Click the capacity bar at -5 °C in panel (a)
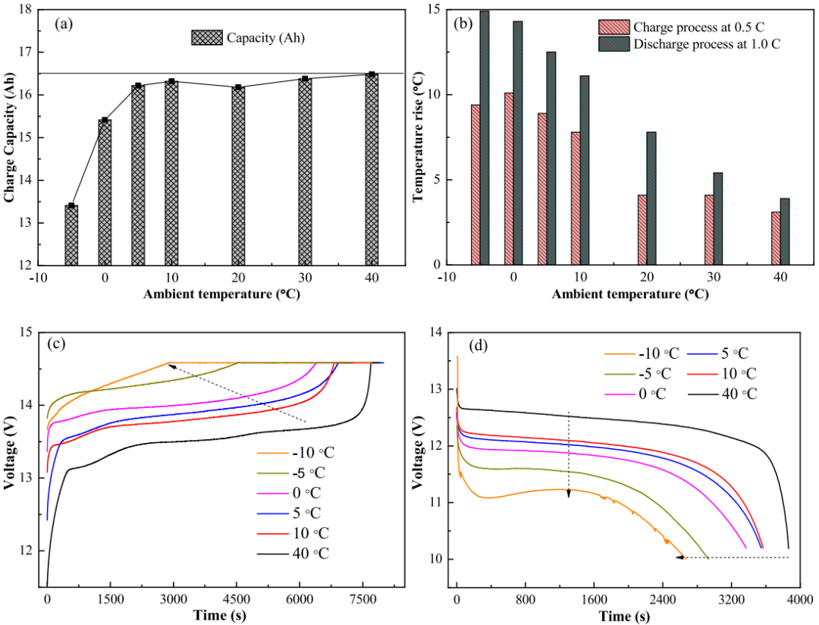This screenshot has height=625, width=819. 71,235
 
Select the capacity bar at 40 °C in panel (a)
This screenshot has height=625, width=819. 372,170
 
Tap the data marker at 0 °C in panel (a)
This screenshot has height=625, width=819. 105,120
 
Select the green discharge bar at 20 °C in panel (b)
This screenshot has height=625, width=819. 651,198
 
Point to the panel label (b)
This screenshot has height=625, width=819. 463,24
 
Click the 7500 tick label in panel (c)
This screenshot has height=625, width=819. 363,598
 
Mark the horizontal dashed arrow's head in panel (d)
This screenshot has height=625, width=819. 680,557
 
